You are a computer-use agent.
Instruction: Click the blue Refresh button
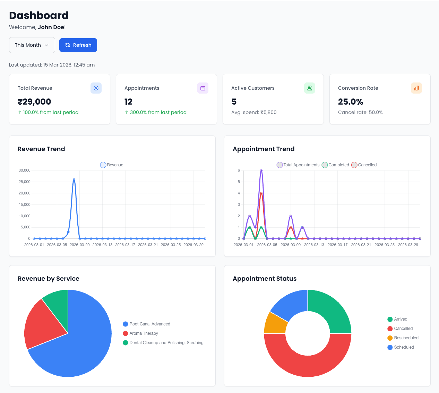[x=78, y=45]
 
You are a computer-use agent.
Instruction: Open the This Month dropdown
[x=32, y=45]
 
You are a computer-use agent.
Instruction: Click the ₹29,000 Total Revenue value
[x=34, y=102]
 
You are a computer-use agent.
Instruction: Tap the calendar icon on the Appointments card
[x=203, y=88]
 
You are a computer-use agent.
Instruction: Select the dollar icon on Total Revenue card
[x=96, y=88]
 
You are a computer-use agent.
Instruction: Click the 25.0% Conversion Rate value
[x=351, y=102]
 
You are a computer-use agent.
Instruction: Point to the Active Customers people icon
[x=310, y=88]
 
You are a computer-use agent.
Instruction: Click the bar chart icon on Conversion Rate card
[x=416, y=88]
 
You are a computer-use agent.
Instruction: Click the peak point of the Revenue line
[x=74, y=180]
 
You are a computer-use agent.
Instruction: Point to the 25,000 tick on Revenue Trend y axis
[x=25, y=182]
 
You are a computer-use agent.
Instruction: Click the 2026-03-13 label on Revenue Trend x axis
[x=102, y=245]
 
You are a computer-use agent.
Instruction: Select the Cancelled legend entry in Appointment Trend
[x=364, y=165]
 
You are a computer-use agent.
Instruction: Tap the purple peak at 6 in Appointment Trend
[x=261, y=171]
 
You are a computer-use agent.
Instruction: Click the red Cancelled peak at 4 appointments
[x=261, y=193]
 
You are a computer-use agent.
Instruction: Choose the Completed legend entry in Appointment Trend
[x=335, y=165]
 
